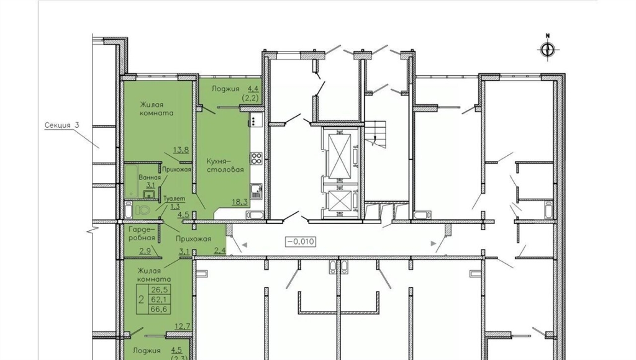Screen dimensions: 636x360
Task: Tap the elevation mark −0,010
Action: coord(301,241)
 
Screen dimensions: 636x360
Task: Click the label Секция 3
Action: coord(61,125)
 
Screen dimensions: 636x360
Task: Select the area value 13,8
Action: coord(181,150)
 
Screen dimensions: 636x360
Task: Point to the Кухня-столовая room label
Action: coord(225,164)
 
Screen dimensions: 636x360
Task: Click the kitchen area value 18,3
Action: coord(240,202)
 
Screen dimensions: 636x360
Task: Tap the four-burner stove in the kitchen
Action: coord(257,158)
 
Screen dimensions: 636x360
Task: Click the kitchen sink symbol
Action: coord(256,191)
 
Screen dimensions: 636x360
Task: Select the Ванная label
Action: coord(150,178)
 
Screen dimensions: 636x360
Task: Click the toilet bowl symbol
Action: coord(142,210)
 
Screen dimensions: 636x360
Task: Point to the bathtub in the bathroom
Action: coord(131,181)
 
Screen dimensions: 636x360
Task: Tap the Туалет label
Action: coord(175,199)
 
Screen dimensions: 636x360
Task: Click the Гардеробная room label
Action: coord(142,233)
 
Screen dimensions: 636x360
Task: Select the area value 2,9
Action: coord(145,251)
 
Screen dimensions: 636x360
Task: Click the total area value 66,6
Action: coord(161,309)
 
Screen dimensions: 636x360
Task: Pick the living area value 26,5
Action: coord(161,290)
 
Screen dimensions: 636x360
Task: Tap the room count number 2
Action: coord(142,300)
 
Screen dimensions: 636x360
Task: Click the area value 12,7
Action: coord(183,326)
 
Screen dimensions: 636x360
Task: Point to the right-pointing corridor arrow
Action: coord(433,244)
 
